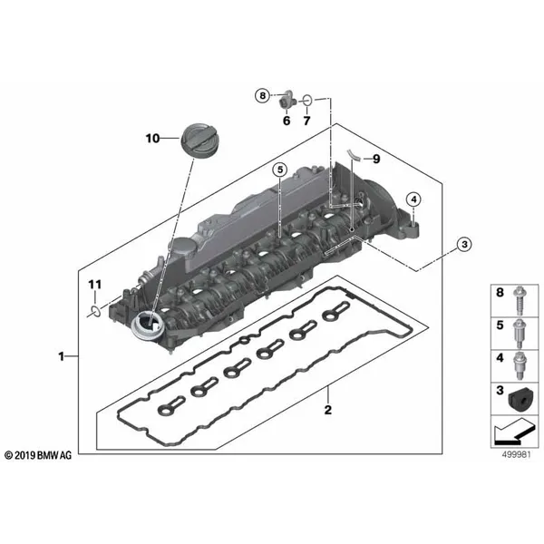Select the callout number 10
pos(152,138)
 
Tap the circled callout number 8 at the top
pos(261,95)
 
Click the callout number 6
pos(285,121)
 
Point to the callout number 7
pos(306,121)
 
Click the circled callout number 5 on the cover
pos(280,170)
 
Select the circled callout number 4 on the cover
pos(412,199)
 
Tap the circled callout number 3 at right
pos(462,243)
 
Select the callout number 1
pos(62,357)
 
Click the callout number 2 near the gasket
pos(328,410)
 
